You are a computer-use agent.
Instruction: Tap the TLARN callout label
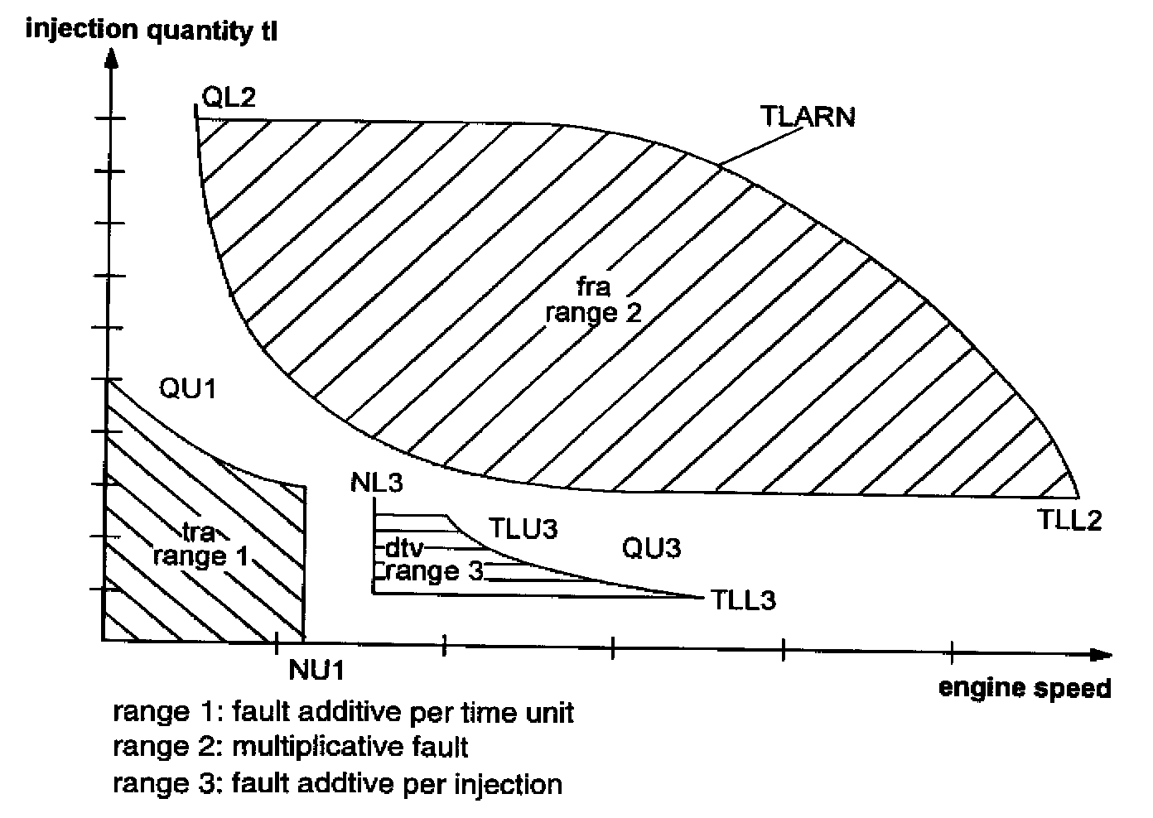807,117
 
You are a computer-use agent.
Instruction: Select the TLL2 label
1069,521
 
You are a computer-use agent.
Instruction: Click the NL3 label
376,483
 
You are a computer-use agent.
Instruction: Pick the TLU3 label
523,528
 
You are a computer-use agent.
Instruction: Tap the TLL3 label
743,599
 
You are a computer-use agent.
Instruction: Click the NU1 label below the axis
316,669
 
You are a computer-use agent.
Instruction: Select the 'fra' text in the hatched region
593,287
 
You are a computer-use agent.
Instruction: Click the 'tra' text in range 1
199,530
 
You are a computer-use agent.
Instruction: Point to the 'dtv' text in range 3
404,548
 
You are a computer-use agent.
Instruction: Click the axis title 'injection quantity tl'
152,30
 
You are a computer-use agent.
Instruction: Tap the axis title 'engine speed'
1025,688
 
